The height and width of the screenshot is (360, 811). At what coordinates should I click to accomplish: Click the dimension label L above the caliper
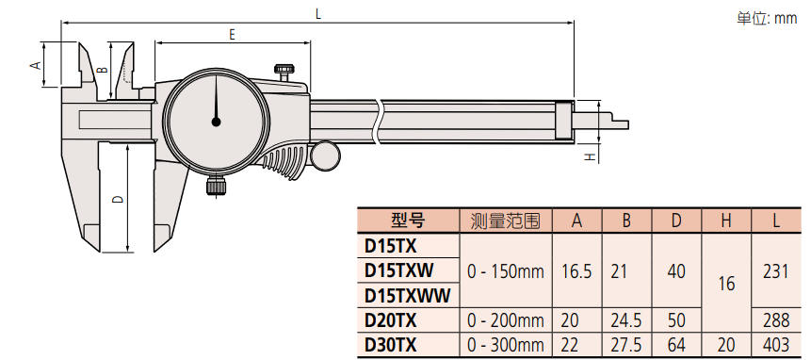[x=318, y=13]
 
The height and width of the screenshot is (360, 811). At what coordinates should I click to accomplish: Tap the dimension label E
[x=231, y=34]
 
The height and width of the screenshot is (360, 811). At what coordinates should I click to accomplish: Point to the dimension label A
[x=35, y=64]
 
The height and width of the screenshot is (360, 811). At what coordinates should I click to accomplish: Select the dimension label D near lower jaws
[x=116, y=199]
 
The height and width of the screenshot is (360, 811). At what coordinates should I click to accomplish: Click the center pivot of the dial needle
[x=216, y=121]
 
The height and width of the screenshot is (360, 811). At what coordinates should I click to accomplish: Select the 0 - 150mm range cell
[x=506, y=271]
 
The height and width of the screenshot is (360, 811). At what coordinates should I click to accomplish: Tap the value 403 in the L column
[x=775, y=345]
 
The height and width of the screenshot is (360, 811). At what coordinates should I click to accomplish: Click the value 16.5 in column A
[x=577, y=271]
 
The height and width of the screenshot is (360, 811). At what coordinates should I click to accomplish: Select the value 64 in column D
[x=676, y=345]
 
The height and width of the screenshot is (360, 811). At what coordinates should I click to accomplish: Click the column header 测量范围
[x=506, y=221]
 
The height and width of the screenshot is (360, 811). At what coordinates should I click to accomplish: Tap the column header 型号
[x=407, y=221]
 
